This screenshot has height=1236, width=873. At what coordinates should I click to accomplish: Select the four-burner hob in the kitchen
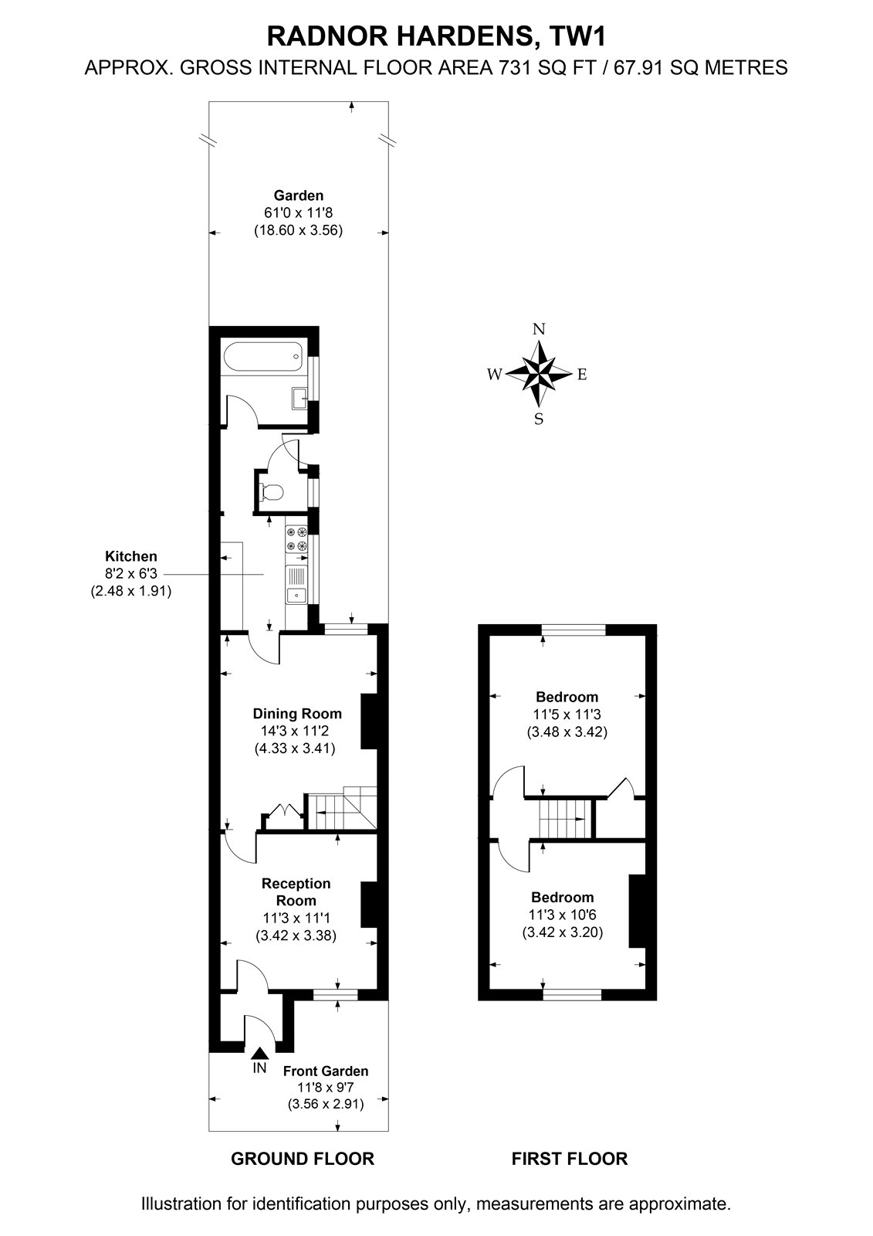tap(296, 539)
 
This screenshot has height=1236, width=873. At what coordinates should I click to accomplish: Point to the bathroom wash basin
tap(299, 399)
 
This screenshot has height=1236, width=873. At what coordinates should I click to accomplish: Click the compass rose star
tap(539, 374)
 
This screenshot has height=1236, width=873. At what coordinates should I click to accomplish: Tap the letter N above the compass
tap(539, 329)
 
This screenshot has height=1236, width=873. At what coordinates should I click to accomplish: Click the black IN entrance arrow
tap(260, 1054)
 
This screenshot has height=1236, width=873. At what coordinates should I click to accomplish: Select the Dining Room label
tap(297, 714)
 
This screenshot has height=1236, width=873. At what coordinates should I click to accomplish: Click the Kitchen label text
tap(131, 556)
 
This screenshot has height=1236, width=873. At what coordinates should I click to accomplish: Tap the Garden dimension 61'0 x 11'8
tap(299, 212)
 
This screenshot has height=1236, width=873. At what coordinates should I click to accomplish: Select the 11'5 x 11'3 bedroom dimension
tap(567, 715)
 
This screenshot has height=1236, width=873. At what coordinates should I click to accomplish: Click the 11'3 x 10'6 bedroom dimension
tap(563, 915)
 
